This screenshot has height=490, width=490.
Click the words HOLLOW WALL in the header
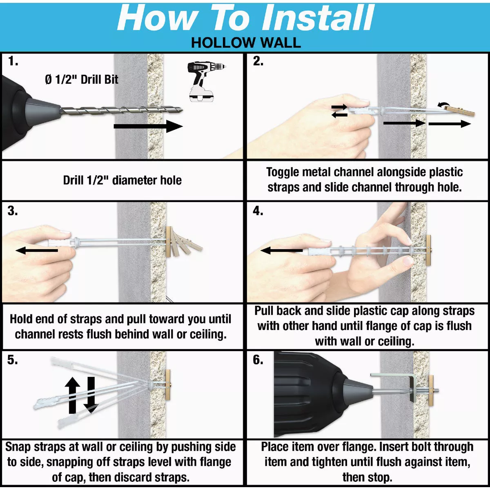[246, 43]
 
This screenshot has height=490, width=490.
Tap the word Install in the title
[317, 18]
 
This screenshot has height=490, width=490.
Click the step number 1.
[13, 61]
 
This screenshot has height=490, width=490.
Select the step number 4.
[258, 211]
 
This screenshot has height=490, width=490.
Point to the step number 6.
[258, 360]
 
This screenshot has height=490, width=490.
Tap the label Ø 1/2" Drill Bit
[82, 80]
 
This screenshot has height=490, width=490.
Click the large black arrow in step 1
[148, 126]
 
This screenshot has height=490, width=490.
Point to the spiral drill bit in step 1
[122, 110]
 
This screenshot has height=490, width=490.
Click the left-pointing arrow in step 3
[37, 250]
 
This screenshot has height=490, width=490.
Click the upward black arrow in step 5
[72, 395]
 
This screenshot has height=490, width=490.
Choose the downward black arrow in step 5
[91, 395]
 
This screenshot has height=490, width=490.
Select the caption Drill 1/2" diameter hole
[122, 180]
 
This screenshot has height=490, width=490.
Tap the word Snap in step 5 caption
[18, 447]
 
